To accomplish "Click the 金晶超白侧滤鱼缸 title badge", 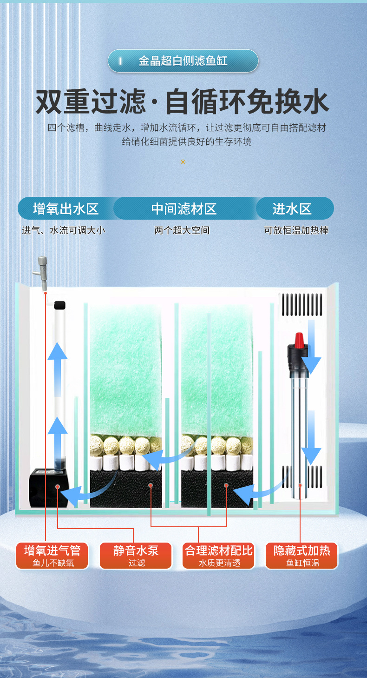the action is point(183,61).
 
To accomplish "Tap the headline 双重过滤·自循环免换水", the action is point(183,103).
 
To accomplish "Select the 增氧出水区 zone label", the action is point(66,208).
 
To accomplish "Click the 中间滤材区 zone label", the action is point(184,208).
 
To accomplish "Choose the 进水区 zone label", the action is point(292,208).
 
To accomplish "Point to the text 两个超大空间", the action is point(182,230).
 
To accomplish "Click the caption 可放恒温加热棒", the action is point(296,230).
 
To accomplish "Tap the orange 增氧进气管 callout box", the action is point(52,556).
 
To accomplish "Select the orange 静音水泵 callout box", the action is point(136,556).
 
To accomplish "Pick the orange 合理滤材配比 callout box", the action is point(218,556).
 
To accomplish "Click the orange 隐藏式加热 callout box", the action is point(302,556).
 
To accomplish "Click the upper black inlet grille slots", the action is point(302,303).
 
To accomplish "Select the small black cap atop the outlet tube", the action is point(59,305).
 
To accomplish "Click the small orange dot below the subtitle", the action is point(183,162).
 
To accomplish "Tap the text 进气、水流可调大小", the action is point(64,230).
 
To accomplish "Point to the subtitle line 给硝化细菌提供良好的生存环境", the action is point(187,141).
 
